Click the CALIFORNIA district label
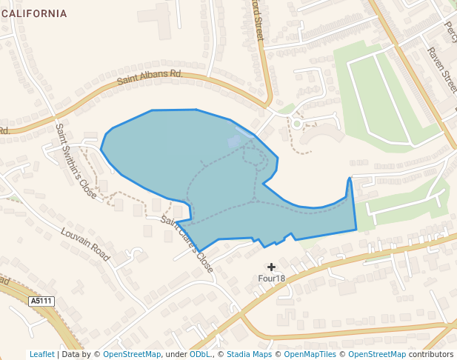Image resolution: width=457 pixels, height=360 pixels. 36,13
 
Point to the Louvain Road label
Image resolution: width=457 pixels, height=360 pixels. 84,244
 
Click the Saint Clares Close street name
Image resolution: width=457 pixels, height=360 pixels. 188,244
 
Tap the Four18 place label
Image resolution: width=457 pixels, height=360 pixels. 271,279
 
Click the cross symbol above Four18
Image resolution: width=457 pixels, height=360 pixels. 271,267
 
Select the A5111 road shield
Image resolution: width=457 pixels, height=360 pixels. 41,301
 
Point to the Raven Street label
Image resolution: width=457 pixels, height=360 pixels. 441,70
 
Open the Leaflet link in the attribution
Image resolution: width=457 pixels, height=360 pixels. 41,354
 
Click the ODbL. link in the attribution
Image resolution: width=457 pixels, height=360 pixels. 200,354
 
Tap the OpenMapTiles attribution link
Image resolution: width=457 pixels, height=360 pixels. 312,354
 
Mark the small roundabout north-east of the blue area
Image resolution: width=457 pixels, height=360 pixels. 296,124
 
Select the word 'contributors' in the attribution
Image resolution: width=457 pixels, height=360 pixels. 430,354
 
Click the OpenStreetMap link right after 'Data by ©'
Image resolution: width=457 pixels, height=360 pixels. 132,354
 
